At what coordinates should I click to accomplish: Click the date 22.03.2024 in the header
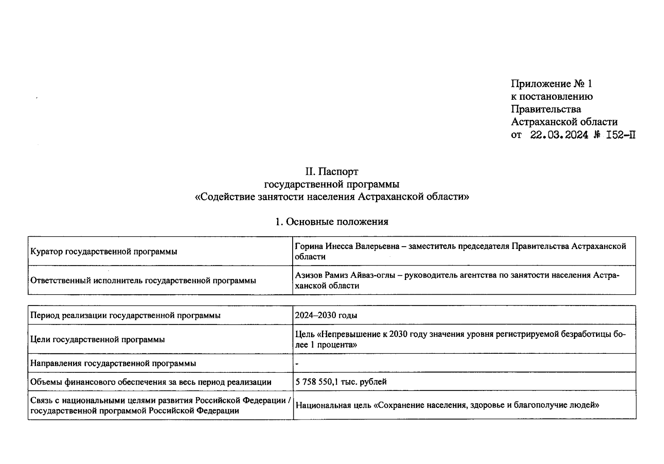(559, 135)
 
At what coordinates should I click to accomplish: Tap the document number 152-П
(621, 135)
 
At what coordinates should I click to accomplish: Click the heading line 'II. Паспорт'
(332, 171)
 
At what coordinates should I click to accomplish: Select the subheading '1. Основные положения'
(332, 222)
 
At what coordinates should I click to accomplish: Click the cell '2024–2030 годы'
(326, 315)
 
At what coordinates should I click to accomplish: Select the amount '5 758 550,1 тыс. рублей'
(341, 382)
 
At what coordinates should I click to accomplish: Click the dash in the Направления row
(296, 364)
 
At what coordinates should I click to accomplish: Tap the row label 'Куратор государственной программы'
(104, 252)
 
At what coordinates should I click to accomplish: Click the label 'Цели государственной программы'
(97, 339)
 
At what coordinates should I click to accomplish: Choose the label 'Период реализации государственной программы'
(125, 315)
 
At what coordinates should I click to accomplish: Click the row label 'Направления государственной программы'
(113, 363)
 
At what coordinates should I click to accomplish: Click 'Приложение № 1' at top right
(551, 84)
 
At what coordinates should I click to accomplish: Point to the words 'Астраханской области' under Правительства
(564, 122)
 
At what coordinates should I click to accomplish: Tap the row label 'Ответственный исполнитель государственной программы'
(143, 280)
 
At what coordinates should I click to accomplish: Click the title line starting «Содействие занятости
(332, 196)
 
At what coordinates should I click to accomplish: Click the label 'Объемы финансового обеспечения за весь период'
(151, 382)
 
